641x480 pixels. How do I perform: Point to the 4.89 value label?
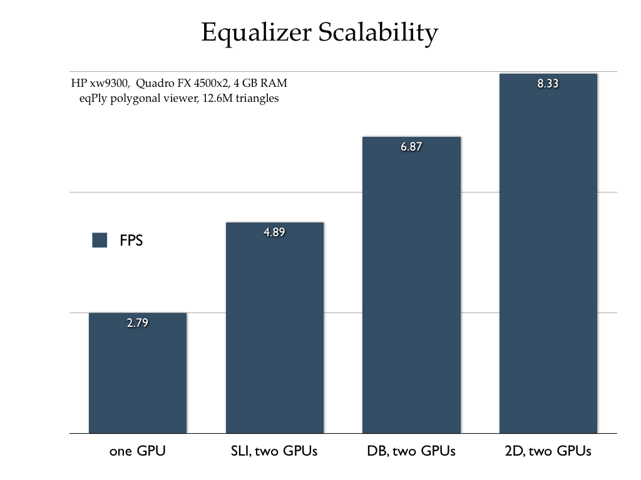[274, 232]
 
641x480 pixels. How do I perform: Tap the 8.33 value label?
[548, 84]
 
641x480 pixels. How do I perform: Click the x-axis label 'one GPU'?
[138, 451]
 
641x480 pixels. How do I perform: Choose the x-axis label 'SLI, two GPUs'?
[274, 451]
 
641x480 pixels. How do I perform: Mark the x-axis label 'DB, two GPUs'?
[411, 451]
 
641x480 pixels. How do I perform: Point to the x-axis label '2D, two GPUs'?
[548, 451]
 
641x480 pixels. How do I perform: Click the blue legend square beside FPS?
[100, 241]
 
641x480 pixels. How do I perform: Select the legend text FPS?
[131, 241]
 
